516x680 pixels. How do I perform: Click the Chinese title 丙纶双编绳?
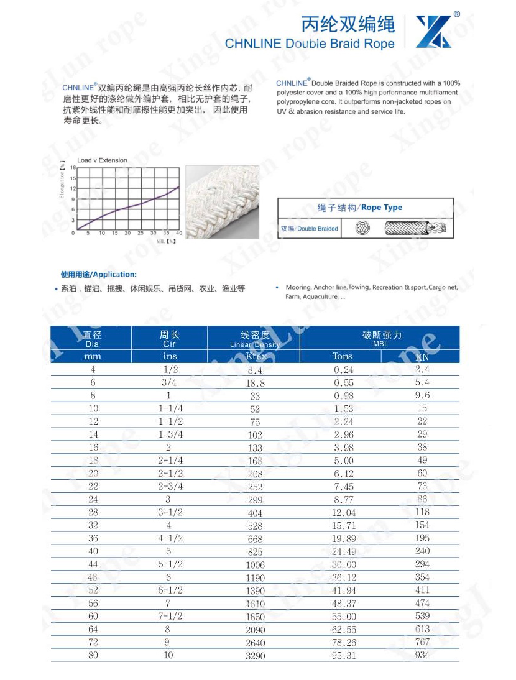coord(348,24)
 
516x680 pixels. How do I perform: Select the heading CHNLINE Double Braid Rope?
coord(310,44)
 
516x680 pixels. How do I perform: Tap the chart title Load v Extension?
coord(102,160)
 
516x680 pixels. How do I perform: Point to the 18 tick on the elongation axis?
coord(73,168)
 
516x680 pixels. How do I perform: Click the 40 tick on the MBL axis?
coord(179,233)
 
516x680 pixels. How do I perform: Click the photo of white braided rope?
coord(222,201)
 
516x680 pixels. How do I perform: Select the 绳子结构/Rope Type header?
coord(364,208)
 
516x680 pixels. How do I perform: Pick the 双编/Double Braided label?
coord(310,229)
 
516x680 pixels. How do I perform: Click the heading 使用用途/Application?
coord(98,274)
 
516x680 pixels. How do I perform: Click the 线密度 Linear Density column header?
coord(255,339)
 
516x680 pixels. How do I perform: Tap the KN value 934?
coord(422,655)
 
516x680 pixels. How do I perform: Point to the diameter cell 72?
coord(93,641)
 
